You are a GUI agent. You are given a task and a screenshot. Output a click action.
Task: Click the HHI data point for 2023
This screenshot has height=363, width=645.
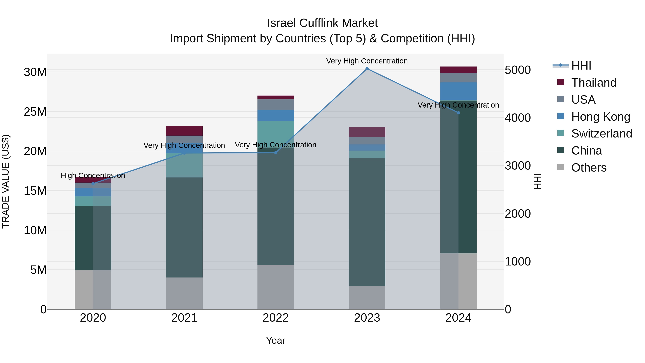click(x=367, y=69)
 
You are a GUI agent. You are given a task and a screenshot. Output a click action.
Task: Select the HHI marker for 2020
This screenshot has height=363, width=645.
click(x=93, y=184)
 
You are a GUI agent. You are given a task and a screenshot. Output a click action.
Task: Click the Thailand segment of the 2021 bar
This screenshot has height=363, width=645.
click(x=184, y=131)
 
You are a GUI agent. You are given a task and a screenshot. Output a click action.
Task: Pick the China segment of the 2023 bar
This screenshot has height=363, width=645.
click(x=367, y=222)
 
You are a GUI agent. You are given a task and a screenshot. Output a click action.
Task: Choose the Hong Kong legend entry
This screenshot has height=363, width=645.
click(x=600, y=117)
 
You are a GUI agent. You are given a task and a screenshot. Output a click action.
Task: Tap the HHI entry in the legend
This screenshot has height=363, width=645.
click(x=581, y=66)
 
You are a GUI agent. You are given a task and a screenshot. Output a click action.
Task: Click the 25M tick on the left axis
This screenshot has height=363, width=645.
click(x=35, y=112)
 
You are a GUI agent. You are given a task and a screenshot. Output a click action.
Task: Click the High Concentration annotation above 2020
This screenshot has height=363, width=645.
click(x=93, y=176)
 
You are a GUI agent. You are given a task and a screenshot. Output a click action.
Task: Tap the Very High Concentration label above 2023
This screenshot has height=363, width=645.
click(x=367, y=61)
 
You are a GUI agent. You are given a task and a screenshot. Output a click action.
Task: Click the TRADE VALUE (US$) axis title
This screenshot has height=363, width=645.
click(x=6, y=181)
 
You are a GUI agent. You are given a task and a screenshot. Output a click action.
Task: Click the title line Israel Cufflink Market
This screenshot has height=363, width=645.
click(x=322, y=23)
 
